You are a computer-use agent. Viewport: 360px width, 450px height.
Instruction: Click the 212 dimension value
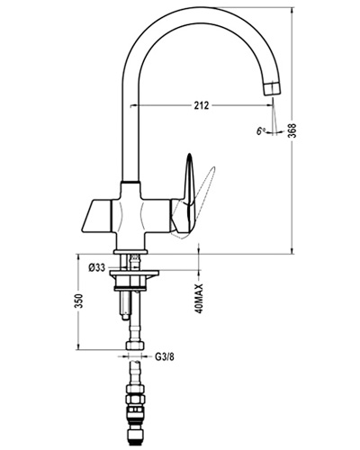pos(201,105)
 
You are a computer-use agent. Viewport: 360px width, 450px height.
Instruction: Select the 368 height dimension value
pos(292,130)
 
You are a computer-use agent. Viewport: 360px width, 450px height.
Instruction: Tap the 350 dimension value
pos(78,301)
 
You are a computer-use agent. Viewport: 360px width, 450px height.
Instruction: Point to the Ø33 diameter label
pos(97,267)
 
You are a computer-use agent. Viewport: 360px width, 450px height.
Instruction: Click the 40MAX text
pos(200,299)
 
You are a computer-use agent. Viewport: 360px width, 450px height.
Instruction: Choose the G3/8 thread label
pos(165,357)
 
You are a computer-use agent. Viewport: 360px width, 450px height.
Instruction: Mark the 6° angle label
pos(261,130)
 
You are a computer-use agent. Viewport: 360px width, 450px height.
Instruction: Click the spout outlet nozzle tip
pos(272,88)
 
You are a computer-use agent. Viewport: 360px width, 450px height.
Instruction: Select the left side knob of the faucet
pos(95,217)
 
